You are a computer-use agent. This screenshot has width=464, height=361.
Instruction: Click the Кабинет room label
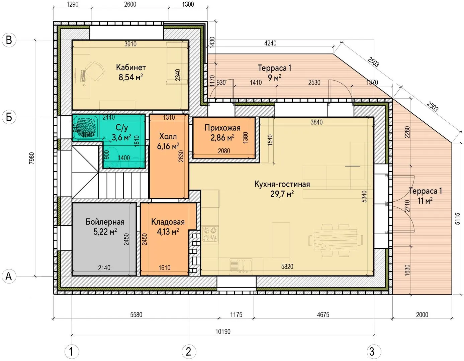tap(131, 68)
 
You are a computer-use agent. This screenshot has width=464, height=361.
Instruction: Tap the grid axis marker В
tap(9, 40)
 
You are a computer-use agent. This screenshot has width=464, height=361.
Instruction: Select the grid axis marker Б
tap(9, 117)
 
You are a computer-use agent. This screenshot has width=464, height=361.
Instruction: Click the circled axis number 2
tap(189, 352)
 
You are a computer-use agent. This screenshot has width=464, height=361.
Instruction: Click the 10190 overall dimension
tap(223, 331)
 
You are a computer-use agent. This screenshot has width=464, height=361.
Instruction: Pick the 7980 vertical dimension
tap(31, 158)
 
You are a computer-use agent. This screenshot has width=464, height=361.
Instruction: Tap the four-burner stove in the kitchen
tap(210, 234)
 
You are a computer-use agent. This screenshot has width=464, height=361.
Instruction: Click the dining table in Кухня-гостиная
tap(336, 240)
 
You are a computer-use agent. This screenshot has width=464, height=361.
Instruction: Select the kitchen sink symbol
tap(241, 266)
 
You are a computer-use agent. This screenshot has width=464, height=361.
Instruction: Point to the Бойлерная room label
tap(105, 222)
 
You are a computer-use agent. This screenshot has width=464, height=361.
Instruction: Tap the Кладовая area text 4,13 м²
tap(168, 232)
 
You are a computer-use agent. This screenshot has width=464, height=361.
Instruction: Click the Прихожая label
tap(222, 128)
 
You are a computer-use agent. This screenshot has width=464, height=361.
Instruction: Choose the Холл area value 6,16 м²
tap(168, 146)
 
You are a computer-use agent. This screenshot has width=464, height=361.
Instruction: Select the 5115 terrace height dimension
tap(458, 219)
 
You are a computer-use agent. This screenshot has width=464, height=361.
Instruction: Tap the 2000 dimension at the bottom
tap(422, 315)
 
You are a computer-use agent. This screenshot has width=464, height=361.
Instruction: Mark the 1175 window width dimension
tap(237, 315)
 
